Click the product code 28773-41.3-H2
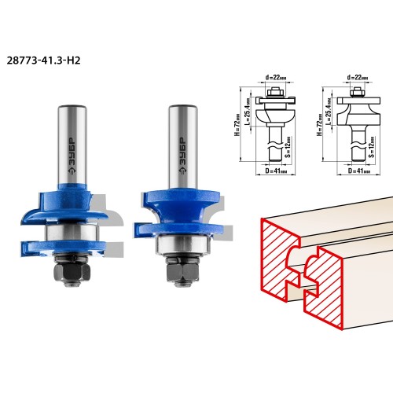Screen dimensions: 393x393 point(43,61)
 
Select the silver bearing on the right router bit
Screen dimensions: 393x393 point(183,245)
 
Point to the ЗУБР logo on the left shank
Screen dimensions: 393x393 point(72,156)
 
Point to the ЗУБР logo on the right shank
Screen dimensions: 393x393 point(182,156)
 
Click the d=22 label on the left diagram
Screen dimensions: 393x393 point(276,78)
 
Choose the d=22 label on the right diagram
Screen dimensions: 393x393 point(358,78)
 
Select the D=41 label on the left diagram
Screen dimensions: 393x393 point(276,171)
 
